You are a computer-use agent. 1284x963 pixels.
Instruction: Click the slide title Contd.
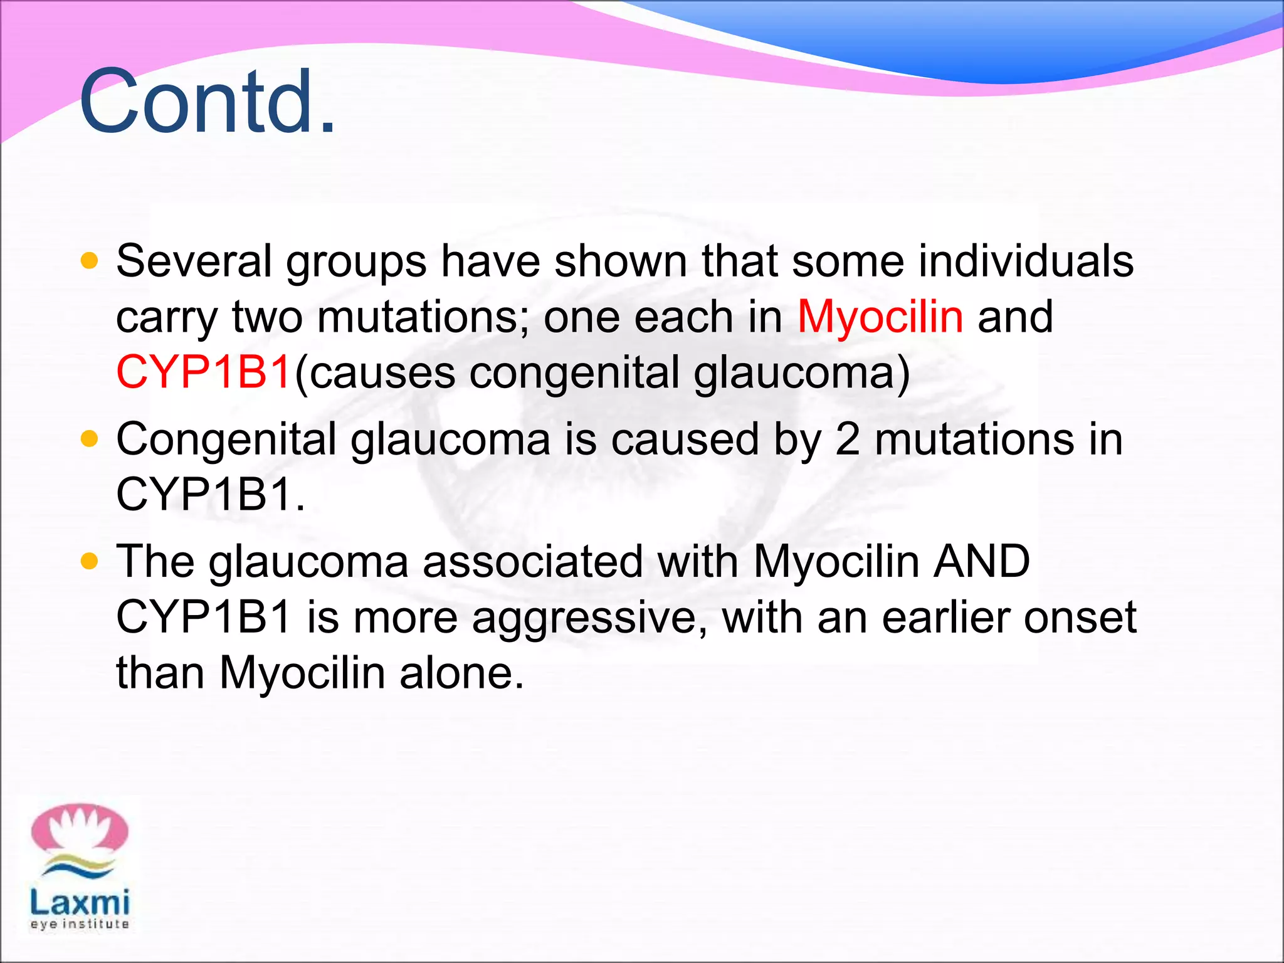tap(207, 102)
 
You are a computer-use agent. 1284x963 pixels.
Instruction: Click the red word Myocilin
tap(880, 317)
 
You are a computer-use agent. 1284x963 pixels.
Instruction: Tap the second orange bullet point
tap(90, 439)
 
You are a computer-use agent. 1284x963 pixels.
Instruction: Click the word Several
tap(194, 261)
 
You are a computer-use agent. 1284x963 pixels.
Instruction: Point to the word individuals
tap(1026, 261)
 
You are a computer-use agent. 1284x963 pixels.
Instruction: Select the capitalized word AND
tap(981, 560)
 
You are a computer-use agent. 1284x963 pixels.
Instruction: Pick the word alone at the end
tap(461, 673)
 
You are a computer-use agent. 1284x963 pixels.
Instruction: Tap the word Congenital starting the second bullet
tap(226, 440)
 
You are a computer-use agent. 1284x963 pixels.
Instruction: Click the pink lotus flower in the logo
tap(80, 829)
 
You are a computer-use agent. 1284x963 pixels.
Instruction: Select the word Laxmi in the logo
tap(80, 903)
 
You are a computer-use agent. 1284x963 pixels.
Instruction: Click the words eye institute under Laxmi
tap(80, 924)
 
